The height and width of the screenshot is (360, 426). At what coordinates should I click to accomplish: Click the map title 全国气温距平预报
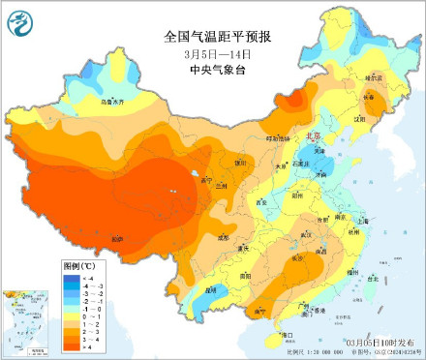coord(217,37)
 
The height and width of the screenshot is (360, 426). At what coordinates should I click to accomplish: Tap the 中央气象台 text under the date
coord(217,68)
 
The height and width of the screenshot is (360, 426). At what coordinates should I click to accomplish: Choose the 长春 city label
coord(369,97)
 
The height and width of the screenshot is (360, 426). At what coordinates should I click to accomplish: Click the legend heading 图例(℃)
coord(76,264)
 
